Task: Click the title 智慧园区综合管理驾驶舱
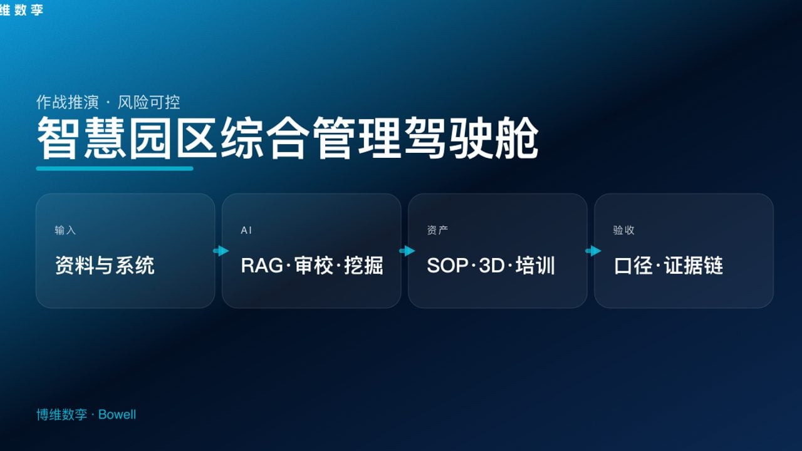pos(287,138)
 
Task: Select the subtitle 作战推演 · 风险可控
pos(108,102)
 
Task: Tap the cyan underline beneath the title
pos(115,168)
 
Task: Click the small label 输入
pos(65,231)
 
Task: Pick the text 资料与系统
pos(105,266)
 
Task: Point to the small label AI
pos(246,231)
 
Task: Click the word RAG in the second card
pos(261,266)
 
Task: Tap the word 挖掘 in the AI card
pos(363,266)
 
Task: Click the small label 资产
pos(437,231)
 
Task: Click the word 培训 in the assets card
pos(535,266)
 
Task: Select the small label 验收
pos(623,231)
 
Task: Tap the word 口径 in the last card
pos(633,266)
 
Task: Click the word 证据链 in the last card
pos(694,266)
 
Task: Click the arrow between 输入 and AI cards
pos(221,251)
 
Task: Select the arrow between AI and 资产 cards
pos(407,251)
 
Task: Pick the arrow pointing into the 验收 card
pos(593,251)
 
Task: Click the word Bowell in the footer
pos(117,415)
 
